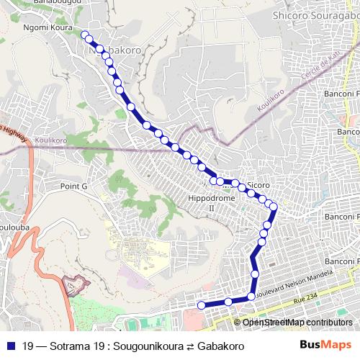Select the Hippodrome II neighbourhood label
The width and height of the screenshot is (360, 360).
202,202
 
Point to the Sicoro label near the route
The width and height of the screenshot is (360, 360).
258,185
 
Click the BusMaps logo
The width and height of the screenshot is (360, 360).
330,346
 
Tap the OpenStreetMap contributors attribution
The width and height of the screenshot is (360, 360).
297,322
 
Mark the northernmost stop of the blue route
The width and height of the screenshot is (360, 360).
85,35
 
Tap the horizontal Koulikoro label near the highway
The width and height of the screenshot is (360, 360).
51,142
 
